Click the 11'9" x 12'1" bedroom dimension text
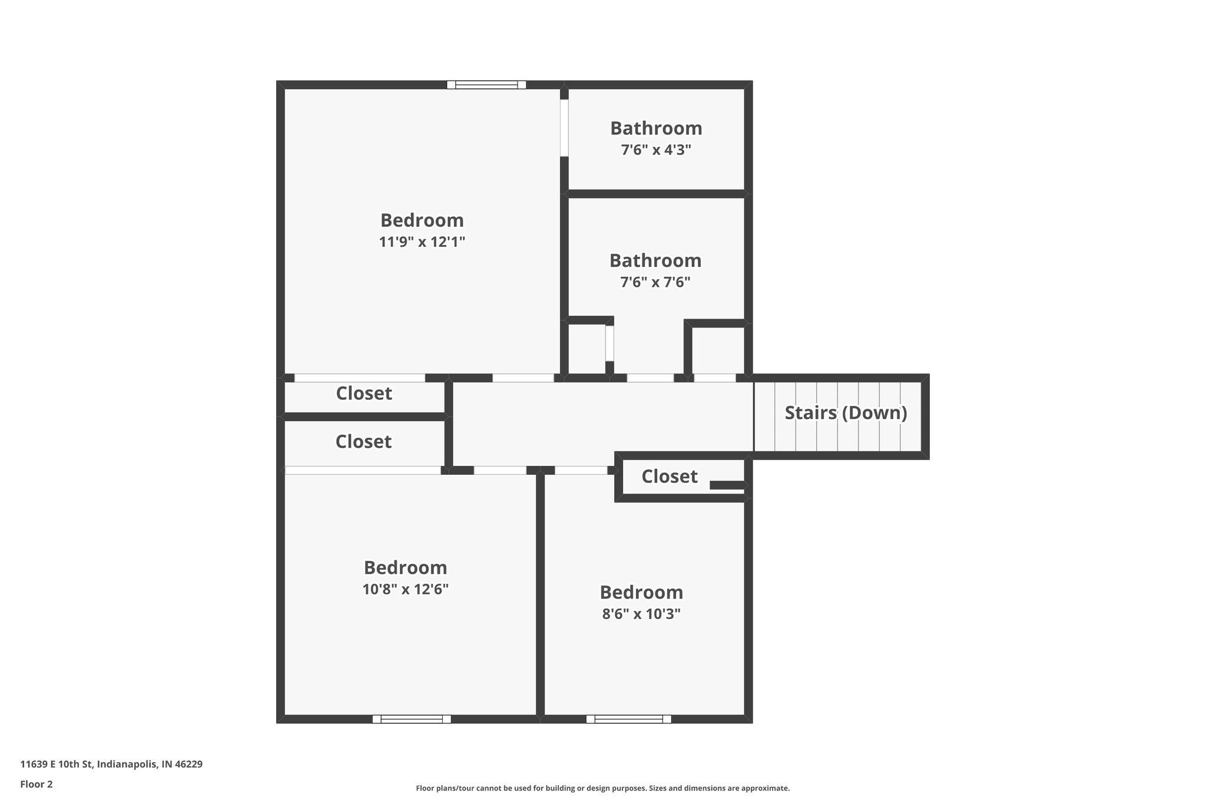(x=422, y=241)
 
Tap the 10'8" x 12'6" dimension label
(x=406, y=589)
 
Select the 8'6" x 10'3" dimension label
(x=641, y=614)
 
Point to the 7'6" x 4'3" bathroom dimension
(x=656, y=150)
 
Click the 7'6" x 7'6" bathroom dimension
(x=655, y=282)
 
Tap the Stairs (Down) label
(x=846, y=413)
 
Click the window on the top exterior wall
(x=486, y=85)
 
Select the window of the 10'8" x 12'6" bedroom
(x=412, y=719)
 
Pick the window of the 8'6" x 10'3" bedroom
(x=629, y=719)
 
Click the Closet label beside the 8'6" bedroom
(x=670, y=476)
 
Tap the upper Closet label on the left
(x=364, y=393)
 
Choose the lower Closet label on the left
(x=363, y=442)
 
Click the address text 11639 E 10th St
(x=111, y=764)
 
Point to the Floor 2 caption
(x=37, y=784)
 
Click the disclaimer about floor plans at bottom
(x=602, y=788)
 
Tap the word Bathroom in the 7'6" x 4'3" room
(x=656, y=128)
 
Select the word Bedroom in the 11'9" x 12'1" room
(x=422, y=220)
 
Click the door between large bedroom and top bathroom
(x=564, y=128)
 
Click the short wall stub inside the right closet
(x=727, y=485)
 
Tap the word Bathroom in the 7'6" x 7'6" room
(x=655, y=260)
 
